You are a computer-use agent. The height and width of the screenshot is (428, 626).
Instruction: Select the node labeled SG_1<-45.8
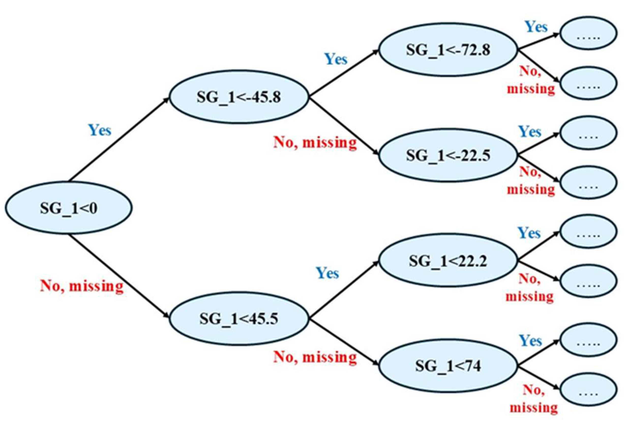[239, 97]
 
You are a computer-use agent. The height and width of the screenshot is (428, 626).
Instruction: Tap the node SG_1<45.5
[239, 319]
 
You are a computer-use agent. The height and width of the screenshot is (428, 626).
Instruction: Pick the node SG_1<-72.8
[448, 50]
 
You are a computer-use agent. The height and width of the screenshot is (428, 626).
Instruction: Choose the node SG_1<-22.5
[448, 155]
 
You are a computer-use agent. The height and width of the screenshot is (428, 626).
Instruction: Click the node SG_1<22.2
[448, 261]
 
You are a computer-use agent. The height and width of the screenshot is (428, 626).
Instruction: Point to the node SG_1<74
[448, 366]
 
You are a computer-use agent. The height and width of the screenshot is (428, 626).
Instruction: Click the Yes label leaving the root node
[100, 130]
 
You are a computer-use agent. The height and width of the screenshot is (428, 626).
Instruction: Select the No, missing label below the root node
[82, 286]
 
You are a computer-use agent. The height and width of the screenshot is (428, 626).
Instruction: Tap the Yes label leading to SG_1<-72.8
[336, 59]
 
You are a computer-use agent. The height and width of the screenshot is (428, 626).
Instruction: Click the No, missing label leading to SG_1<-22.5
[315, 142]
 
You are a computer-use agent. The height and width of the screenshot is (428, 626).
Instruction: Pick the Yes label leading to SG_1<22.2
[327, 273]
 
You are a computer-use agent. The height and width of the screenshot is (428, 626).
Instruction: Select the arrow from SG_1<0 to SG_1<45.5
[118, 275]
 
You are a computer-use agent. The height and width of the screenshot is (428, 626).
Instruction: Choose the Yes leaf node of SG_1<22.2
[588, 231]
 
